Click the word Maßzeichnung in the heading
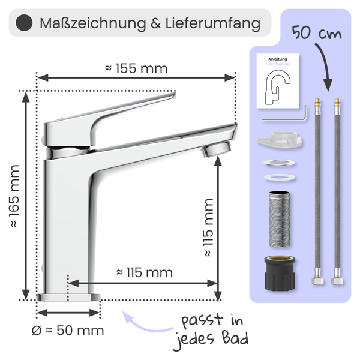click(x=93, y=23)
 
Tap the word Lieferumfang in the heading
click(x=213, y=23)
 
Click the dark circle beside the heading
click(x=24, y=23)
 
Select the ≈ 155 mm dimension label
click(x=136, y=68)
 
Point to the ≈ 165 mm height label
click(x=14, y=196)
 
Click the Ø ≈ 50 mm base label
click(x=68, y=331)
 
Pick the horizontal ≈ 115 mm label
click(x=145, y=272)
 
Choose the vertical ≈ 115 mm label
click(x=208, y=227)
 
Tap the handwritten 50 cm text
click(x=317, y=33)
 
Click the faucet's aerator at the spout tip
click(x=216, y=149)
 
